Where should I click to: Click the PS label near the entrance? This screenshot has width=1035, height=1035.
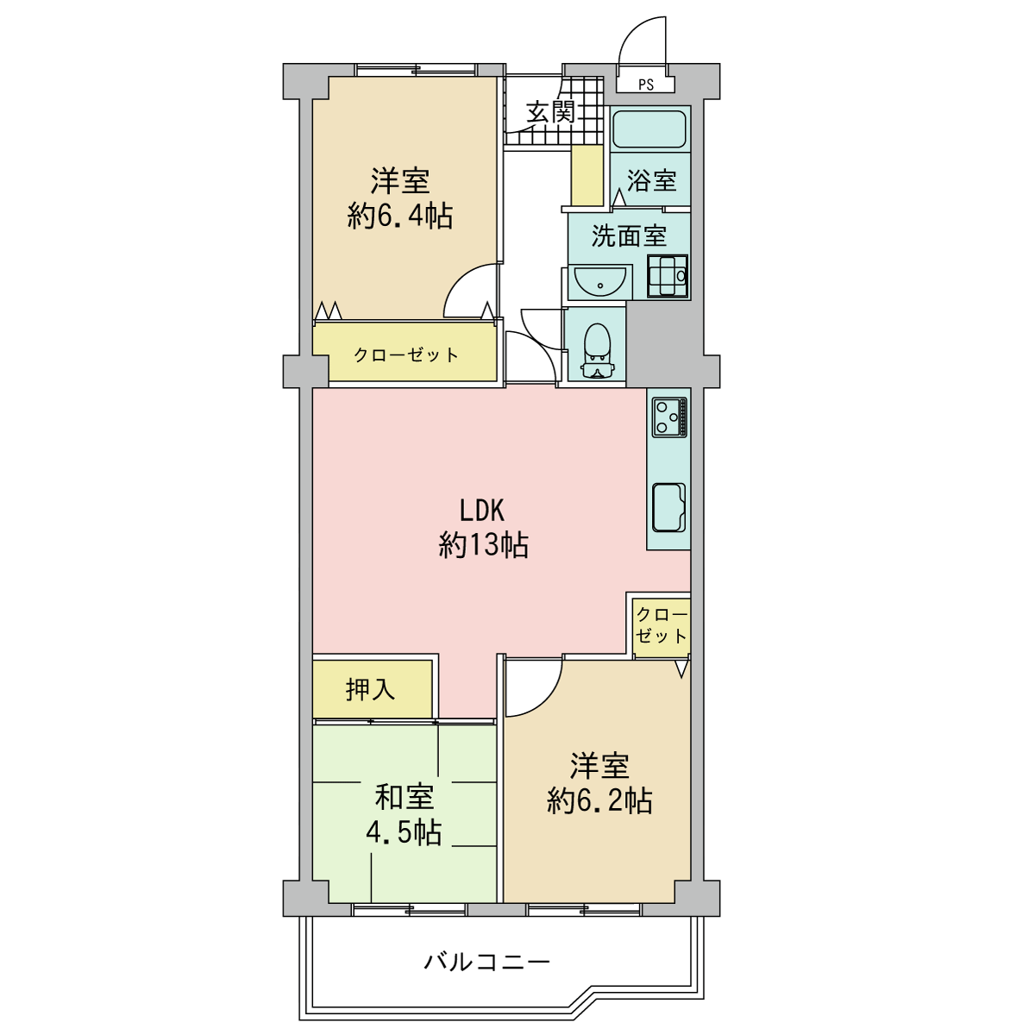[646, 85]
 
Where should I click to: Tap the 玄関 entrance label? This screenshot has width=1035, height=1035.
[550, 112]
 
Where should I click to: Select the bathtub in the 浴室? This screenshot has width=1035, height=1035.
[650, 129]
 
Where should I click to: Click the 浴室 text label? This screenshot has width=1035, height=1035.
[651, 180]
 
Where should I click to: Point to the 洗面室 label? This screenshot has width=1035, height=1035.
[629, 235]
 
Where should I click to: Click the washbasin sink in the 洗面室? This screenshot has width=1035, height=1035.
[600, 281]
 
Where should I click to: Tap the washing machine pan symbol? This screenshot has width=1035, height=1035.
[668, 276]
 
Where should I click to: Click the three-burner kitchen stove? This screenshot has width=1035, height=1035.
[670, 417]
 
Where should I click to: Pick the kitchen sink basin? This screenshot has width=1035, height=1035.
[669, 507]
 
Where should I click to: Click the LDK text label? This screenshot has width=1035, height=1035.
[482, 511]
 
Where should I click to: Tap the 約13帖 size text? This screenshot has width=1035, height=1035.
[483, 546]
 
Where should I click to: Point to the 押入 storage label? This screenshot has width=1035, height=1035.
[371, 689]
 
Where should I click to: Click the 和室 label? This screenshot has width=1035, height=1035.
[404, 797]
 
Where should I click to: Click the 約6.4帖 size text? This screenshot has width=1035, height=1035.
[399, 216]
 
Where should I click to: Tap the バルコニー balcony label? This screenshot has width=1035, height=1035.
[487, 962]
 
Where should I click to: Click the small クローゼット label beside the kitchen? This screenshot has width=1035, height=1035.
[662, 625]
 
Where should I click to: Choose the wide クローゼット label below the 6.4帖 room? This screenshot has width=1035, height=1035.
[406, 355]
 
